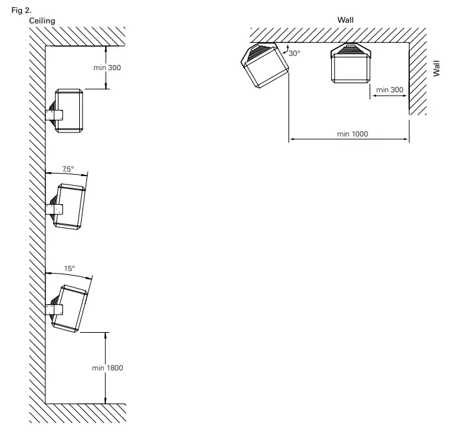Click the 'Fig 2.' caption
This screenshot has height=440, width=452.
[x=21, y=10]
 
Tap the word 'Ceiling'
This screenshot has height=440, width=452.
[x=42, y=21]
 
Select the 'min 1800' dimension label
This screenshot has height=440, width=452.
[x=107, y=368]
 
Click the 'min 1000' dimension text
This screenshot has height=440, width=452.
[x=352, y=134]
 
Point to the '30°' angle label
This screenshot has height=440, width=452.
[x=294, y=53]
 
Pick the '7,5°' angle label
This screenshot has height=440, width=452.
[x=68, y=169]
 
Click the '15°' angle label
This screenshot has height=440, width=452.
[x=69, y=268]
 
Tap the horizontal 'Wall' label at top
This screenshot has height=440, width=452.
[x=345, y=20]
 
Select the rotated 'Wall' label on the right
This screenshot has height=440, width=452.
[x=436, y=68]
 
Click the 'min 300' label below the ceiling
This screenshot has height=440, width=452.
[x=107, y=68]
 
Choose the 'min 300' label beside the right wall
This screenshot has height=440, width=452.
[x=390, y=90]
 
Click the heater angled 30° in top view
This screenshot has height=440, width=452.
[x=264, y=65]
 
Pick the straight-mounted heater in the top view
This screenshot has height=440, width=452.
[x=351, y=63]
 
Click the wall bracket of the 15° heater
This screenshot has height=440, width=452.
[x=54, y=310]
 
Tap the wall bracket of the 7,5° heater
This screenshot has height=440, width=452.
[x=54, y=209]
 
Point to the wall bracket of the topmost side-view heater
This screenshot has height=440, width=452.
[x=54, y=115]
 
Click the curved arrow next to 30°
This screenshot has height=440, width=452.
[x=286, y=49]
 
